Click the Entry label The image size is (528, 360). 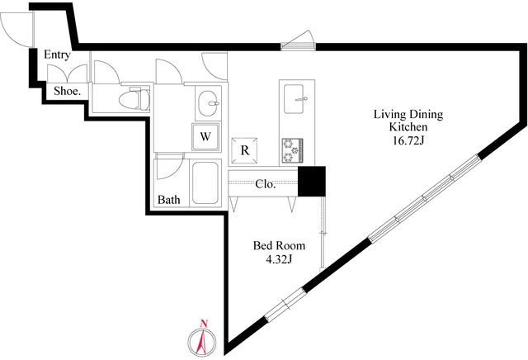click(x=57, y=54)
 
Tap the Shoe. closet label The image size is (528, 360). click(x=68, y=91)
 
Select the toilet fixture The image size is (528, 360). click(x=134, y=98)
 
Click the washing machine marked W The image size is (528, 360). click(x=205, y=136)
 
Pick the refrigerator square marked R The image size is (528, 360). click(x=245, y=150)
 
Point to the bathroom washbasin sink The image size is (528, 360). click(x=208, y=103)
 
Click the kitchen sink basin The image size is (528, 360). click(x=294, y=99)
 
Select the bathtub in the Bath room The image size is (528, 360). click(x=205, y=182)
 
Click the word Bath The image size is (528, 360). click(x=168, y=200)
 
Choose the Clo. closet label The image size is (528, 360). click(x=266, y=184)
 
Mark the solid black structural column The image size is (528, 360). click(x=312, y=181)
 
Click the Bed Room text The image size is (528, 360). click(x=279, y=245)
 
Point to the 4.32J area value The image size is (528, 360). click(x=279, y=259)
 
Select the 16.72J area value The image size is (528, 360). click(x=408, y=140)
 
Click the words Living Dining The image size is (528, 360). click(x=408, y=114)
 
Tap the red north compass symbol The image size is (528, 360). click(x=202, y=342)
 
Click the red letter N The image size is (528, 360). click(x=203, y=324)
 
